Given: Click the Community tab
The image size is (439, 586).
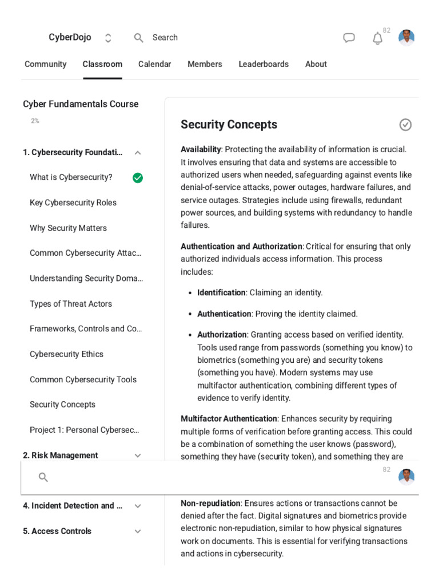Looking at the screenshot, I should coord(45,64).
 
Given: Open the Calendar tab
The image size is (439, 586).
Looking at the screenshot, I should coord(154,64).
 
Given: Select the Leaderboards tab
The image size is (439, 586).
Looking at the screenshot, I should coord(264,64).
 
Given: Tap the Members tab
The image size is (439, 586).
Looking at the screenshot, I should coord(205,64).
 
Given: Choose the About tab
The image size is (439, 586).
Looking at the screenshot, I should coord(316,64).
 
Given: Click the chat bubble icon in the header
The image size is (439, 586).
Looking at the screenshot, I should coord(349,38).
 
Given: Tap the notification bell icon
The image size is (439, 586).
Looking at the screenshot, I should coord(377,38).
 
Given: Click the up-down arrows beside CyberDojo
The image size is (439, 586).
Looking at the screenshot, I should coord(108,38).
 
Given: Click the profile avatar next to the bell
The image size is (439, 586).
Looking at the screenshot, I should coord(406,38).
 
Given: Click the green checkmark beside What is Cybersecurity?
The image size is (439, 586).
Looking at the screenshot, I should coord(138,177).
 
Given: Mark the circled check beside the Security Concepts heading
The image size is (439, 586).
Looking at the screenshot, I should coord(405,125).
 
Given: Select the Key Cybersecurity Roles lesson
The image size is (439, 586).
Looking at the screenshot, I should coord(73,203).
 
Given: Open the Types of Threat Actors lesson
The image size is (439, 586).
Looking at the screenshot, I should coord(70,304).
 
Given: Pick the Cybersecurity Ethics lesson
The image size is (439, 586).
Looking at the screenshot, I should coord(66,354).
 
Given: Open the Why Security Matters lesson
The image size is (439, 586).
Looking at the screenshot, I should coord(68,228).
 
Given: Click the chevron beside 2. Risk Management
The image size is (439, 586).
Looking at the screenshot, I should coord(138,456).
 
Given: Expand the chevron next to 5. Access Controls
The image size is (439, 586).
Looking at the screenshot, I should coord(138,531).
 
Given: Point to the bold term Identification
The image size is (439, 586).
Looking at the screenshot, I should coord(221,292).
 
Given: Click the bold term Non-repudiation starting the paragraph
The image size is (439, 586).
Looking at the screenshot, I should coord(210,503).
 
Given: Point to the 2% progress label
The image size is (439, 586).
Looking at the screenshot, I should coord(35,121).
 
